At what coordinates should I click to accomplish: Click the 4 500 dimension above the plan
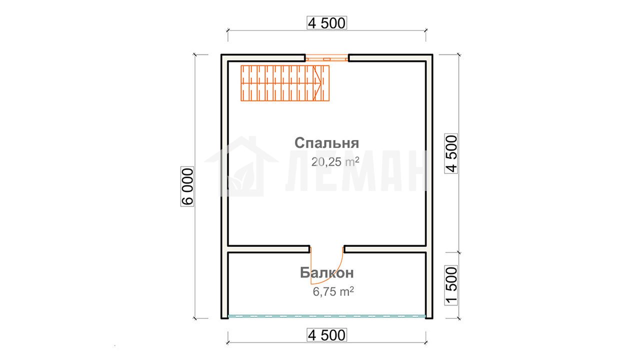[327, 23]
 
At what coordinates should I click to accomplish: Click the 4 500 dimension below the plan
[327, 335]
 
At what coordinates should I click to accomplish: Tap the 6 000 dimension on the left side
[187, 186]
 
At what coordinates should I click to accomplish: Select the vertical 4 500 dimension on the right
[451, 153]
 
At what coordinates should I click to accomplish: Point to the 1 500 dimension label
[451, 285]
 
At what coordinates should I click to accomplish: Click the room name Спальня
[326, 143]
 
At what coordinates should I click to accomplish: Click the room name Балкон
[327, 273]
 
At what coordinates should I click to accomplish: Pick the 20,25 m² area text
[335, 161]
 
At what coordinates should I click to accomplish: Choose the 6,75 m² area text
[333, 291]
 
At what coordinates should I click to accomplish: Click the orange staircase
[285, 83]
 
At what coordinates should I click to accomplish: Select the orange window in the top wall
[327, 58]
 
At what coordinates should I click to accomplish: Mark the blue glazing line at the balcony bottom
[327, 316]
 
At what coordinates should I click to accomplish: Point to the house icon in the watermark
[241, 166]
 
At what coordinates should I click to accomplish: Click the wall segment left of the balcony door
[268, 249]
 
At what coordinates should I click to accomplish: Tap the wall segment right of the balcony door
[385, 249]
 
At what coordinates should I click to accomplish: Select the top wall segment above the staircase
[263, 57]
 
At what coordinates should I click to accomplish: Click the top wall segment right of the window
[390, 57]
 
